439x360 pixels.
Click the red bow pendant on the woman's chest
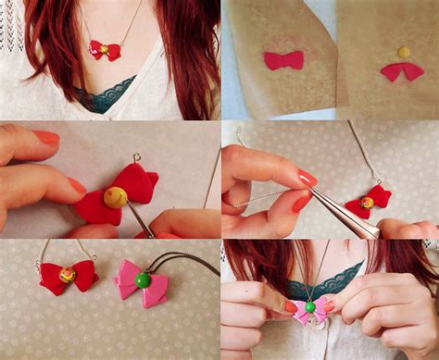[104, 50]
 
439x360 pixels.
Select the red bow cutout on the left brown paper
[283, 60]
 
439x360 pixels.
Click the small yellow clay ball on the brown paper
[405, 52]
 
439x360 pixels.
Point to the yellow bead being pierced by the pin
[114, 197]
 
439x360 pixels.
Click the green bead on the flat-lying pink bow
[143, 278]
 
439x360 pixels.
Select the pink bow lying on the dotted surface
[142, 283]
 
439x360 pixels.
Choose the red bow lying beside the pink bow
[69, 277]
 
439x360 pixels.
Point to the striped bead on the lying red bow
[68, 274]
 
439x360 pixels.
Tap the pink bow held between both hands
[311, 310]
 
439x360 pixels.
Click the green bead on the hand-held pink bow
[310, 306]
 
